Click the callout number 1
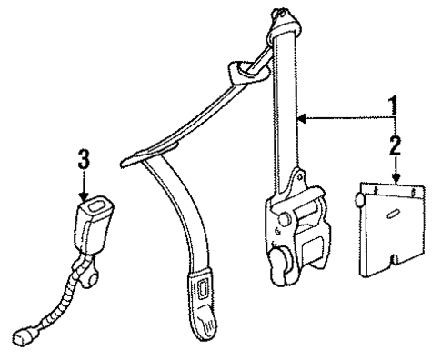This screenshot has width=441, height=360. (x=394, y=105)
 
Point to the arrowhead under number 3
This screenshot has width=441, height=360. (x=84, y=195)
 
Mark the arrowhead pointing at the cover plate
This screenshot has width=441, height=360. (x=394, y=179)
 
